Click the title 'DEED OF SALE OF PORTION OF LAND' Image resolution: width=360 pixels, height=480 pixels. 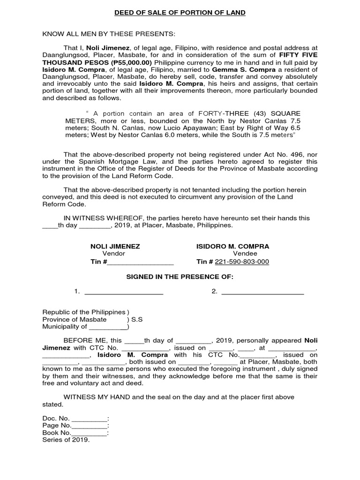(180, 13)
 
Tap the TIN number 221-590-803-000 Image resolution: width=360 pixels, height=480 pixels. (242, 262)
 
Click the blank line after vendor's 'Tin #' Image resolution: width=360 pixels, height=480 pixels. (141, 262)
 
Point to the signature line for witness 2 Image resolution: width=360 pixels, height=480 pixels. (262, 292)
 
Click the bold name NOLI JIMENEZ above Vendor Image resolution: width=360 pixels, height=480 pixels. (115, 246)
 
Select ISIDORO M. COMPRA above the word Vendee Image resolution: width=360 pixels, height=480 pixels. (232, 246)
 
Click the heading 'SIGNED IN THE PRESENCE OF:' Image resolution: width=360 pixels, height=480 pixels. (180, 277)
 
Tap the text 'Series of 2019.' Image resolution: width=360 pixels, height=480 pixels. (66, 440)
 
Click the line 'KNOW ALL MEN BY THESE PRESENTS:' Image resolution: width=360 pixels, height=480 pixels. (109, 34)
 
